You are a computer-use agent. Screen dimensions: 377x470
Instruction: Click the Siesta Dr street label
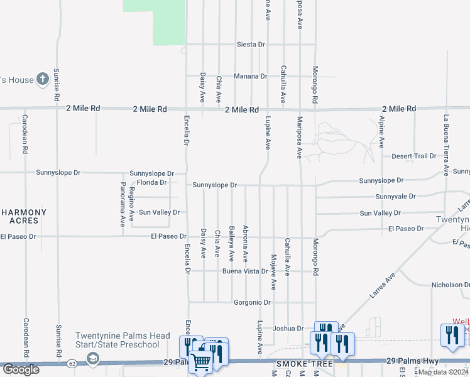coord(251,45)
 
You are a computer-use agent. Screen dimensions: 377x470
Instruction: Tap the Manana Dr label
coord(251,76)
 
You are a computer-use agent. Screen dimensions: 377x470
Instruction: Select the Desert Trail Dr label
coord(413,156)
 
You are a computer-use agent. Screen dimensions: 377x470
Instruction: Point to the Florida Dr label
coord(151,182)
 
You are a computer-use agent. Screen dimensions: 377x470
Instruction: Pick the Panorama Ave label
coord(123,204)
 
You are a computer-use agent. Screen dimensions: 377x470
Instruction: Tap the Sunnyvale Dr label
coord(396,197)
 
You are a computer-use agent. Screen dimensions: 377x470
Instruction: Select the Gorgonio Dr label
coord(251,302)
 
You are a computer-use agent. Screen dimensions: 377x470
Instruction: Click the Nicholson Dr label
coord(450,285)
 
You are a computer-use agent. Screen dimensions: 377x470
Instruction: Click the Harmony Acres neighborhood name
coord(28,216)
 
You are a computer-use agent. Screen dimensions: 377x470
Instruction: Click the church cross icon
coord(43,79)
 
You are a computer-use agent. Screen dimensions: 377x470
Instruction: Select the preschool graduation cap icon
coord(93,358)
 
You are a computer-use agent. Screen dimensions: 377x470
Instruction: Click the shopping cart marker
coord(200,361)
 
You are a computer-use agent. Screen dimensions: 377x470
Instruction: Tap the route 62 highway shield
coord(73,363)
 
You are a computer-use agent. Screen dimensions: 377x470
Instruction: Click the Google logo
coord(21,369)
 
